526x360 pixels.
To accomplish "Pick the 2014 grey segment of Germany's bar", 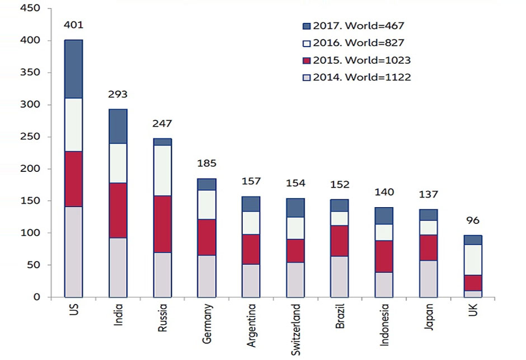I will pyautogui.click(x=207, y=276).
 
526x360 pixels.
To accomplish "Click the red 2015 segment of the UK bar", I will pyautogui.click(x=473, y=283).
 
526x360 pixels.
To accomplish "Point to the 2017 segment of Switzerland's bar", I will pyautogui.click(x=295, y=208).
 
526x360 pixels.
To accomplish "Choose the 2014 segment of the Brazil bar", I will pyautogui.click(x=340, y=277).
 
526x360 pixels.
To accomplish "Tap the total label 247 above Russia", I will pyautogui.click(x=163, y=124).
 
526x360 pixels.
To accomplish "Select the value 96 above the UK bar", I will pyautogui.click(x=473, y=221).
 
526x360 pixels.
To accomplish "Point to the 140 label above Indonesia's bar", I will pyautogui.click(x=384, y=192).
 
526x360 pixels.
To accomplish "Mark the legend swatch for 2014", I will pyautogui.click(x=306, y=77).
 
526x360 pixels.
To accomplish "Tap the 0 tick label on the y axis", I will pyautogui.click(x=36, y=297).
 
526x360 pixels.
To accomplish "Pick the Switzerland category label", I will pyautogui.click(x=295, y=330).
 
